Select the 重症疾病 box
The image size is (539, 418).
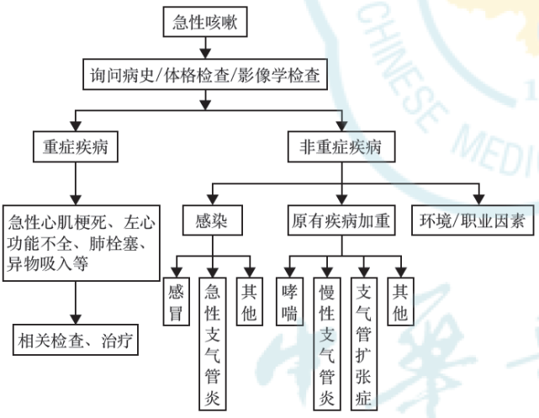76,146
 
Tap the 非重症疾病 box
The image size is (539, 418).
341,146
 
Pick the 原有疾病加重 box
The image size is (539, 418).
341,222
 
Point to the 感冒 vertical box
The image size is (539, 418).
176,303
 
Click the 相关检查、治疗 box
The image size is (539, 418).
76,341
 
